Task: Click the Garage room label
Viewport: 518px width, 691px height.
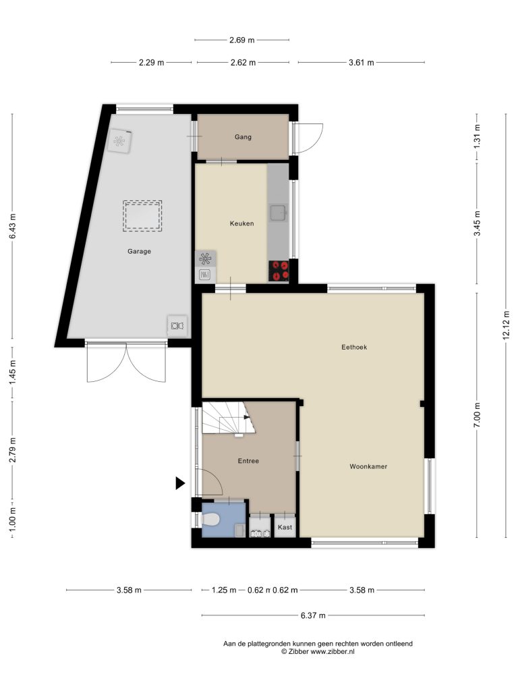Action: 139,251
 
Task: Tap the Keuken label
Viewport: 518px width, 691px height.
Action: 242,223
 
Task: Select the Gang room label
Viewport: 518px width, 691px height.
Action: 243,137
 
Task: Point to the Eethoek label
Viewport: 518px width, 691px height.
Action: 354,348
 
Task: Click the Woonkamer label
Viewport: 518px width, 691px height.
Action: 368,466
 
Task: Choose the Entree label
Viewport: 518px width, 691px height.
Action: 248,461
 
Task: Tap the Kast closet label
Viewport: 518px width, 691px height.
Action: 285,527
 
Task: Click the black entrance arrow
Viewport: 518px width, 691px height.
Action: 179,483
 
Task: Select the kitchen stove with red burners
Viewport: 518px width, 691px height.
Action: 279,271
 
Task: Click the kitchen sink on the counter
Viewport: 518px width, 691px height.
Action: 279,213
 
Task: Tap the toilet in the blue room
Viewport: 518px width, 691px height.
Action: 210,520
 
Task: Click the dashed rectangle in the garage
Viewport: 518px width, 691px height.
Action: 142,215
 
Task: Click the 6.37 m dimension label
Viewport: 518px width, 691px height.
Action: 313,615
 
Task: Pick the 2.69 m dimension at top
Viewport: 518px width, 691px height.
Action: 242,40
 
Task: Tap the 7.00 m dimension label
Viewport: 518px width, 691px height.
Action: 477,415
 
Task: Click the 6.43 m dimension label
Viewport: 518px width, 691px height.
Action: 12,226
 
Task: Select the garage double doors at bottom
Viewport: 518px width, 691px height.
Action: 127,362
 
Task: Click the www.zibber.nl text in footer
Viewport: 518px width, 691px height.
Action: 333,651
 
